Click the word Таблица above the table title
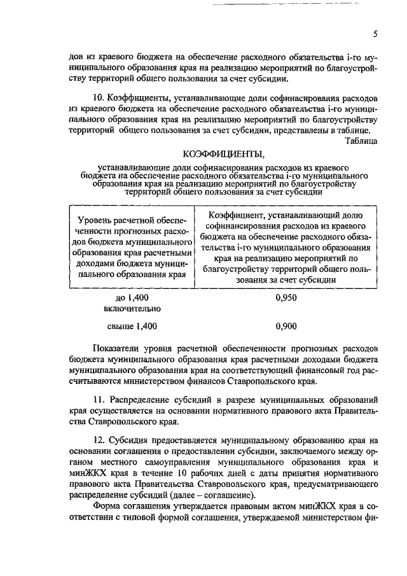coord(361,140)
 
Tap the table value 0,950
coord(287,297)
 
